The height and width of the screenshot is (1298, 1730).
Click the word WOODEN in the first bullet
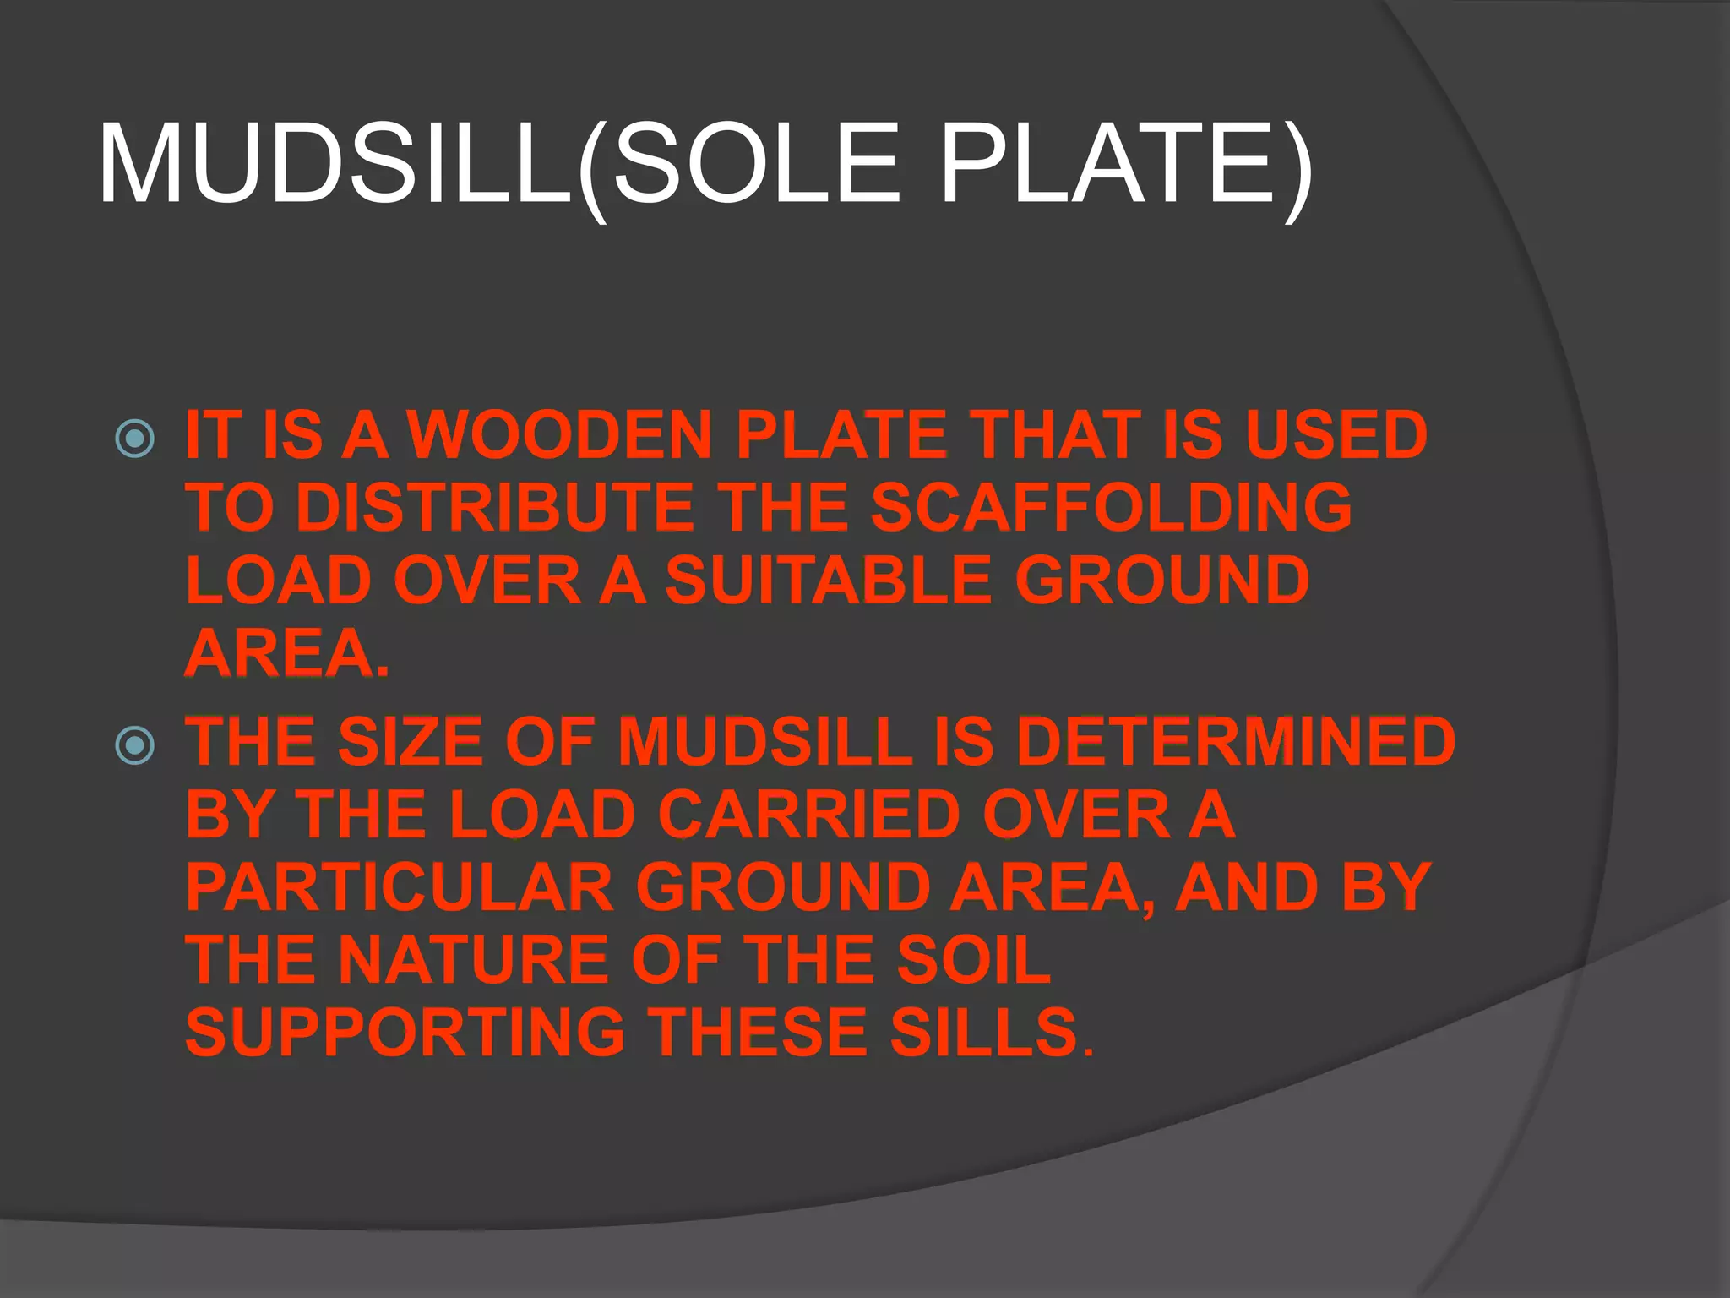tap(560, 434)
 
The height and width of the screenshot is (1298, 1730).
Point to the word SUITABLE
tap(828, 581)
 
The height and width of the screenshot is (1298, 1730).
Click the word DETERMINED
tap(1236, 741)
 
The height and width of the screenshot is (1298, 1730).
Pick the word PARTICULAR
tap(400, 887)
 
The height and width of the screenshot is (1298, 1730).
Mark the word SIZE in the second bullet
tap(411, 741)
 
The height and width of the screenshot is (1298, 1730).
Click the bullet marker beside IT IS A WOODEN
tap(135, 439)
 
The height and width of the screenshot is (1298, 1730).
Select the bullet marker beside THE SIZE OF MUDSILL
tap(135, 745)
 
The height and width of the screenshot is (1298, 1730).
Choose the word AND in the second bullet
tap(1247, 887)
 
